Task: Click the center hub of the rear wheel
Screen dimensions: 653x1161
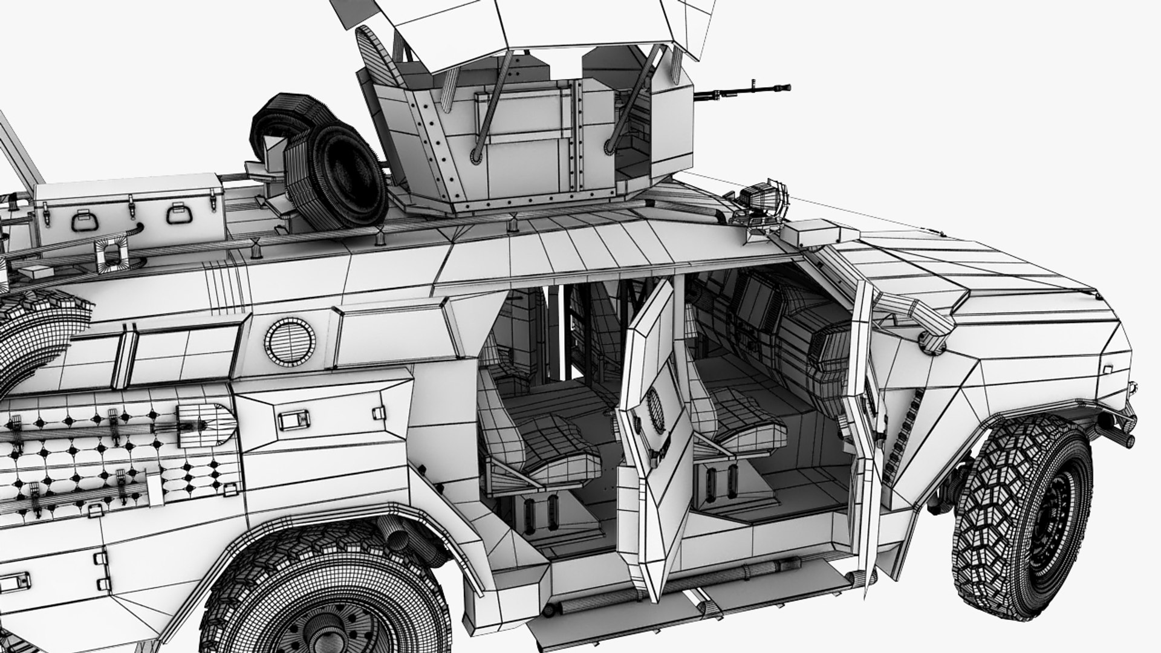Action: click(x=320, y=635)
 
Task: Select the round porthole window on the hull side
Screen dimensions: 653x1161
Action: click(x=289, y=340)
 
